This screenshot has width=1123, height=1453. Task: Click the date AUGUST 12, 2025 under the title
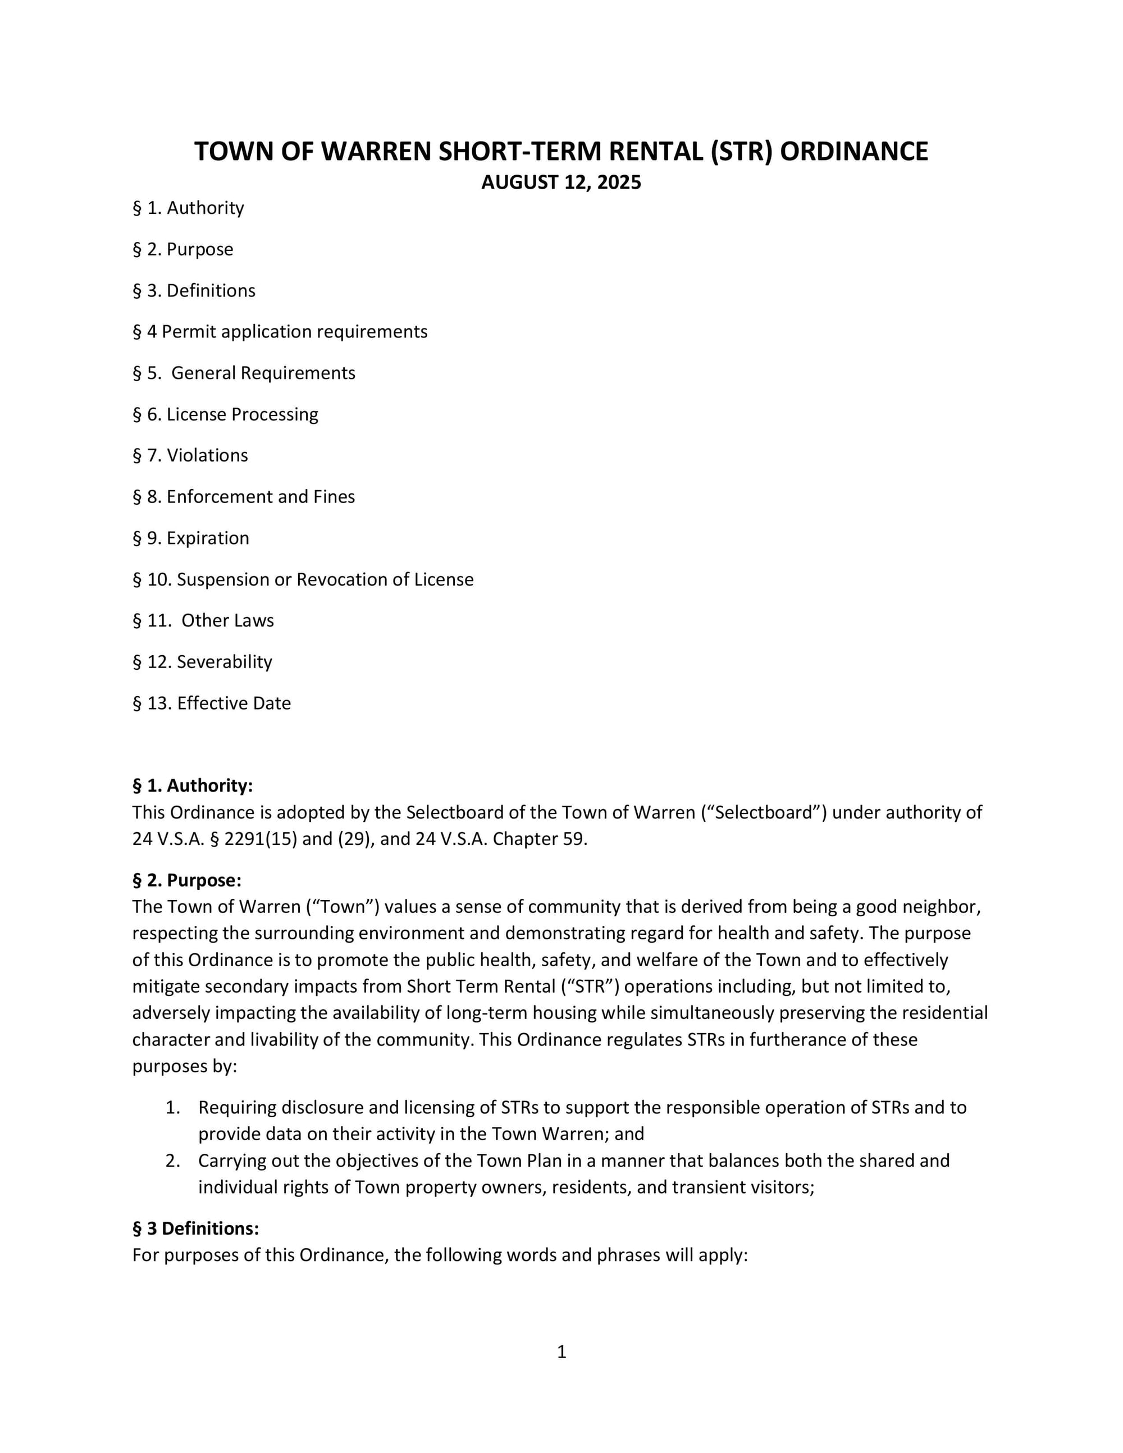click(561, 182)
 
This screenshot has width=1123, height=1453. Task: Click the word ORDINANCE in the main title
click(853, 152)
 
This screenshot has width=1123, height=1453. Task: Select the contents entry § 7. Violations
click(190, 456)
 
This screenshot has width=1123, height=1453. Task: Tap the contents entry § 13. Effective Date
click(212, 703)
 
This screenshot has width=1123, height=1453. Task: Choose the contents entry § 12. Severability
click(202, 662)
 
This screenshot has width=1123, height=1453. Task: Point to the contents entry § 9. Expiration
click(191, 538)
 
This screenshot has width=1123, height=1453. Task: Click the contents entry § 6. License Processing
click(226, 414)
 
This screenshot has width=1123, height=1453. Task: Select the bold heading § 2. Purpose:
click(187, 880)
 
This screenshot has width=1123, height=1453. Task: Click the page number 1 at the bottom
click(561, 1352)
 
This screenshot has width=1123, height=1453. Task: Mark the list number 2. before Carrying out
click(173, 1161)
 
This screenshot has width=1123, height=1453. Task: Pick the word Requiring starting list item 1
click(237, 1108)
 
